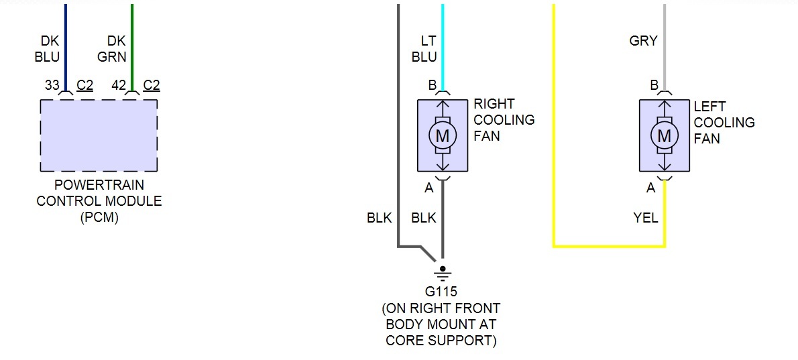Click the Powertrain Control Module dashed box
(x=99, y=135)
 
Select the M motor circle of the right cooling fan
(x=442, y=136)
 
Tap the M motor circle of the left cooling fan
(x=664, y=136)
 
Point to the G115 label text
(x=442, y=293)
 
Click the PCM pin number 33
(x=52, y=85)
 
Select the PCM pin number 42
(x=119, y=85)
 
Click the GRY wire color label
(x=643, y=42)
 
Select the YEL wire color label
(x=645, y=218)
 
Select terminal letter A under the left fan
(x=650, y=188)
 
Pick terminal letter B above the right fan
(x=433, y=85)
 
